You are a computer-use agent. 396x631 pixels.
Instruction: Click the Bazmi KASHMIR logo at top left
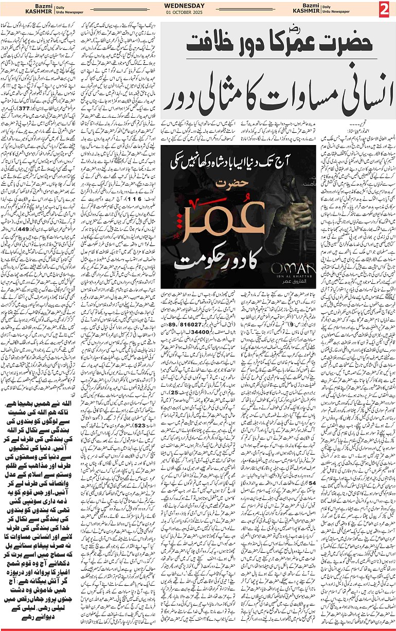coord(23,9)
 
